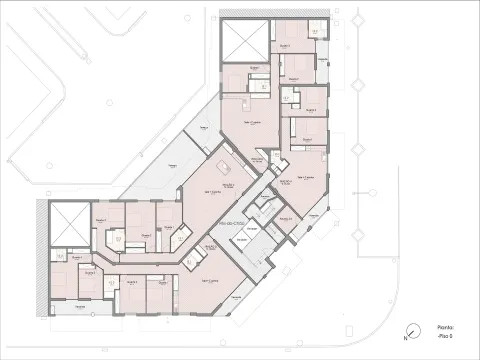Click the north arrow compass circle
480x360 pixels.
(x=413, y=332)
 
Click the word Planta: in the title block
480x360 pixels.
(x=446, y=327)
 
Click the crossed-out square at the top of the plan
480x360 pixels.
(x=246, y=39)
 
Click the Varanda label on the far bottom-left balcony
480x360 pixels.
(x=70, y=307)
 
